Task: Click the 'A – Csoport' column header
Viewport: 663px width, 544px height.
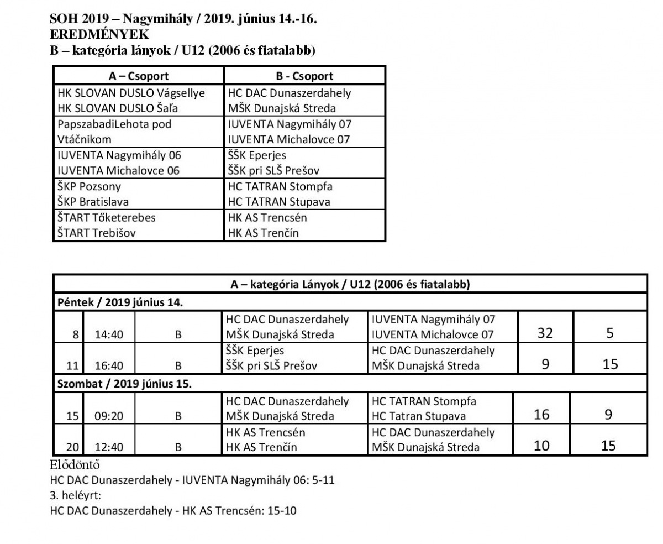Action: [139, 76]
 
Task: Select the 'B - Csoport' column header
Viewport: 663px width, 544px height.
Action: [304, 76]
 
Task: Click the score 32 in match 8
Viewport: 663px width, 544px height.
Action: [545, 333]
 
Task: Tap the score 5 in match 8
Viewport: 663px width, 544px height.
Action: [609, 333]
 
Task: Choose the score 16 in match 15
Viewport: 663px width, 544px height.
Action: [542, 414]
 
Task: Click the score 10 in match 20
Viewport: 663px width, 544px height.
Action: [542, 445]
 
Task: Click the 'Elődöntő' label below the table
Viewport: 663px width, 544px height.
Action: [75, 464]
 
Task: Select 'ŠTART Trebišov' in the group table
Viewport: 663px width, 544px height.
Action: [97, 233]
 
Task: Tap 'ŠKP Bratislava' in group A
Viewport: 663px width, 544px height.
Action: [93, 202]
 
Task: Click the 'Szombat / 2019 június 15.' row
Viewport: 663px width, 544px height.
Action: [124, 384]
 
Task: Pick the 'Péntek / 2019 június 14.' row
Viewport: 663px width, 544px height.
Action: [120, 302]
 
